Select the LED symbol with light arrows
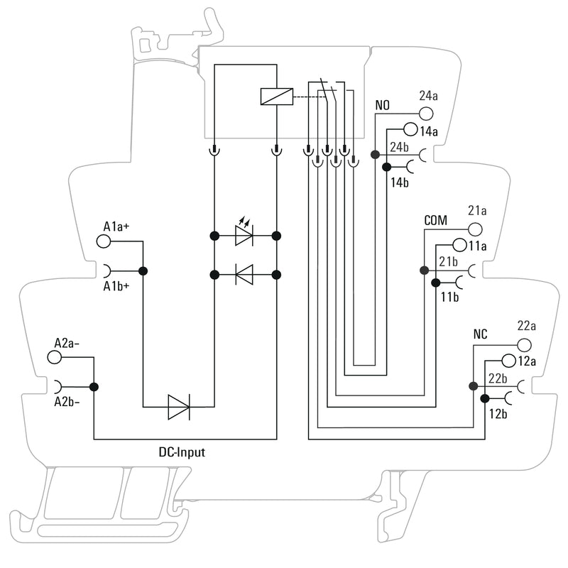pyautogui.click(x=244, y=235)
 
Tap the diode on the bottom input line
pyautogui.click(x=178, y=407)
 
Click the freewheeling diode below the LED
pyautogui.click(x=244, y=273)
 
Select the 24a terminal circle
pyautogui.click(x=426, y=114)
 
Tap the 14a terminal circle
pyautogui.click(x=410, y=130)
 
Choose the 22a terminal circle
pyautogui.click(x=524, y=344)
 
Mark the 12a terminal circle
pyautogui.click(x=508, y=361)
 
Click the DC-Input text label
pyautogui.click(x=182, y=452)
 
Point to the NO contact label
pyautogui.click(x=383, y=106)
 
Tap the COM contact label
pyautogui.click(x=436, y=221)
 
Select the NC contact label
pyautogui.click(x=481, y=334)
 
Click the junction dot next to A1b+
pyautogui.click(x=143, y=271)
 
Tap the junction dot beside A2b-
pyautogui.click(x=94, y=387)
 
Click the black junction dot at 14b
pyautogui.click(x=386, y=168)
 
